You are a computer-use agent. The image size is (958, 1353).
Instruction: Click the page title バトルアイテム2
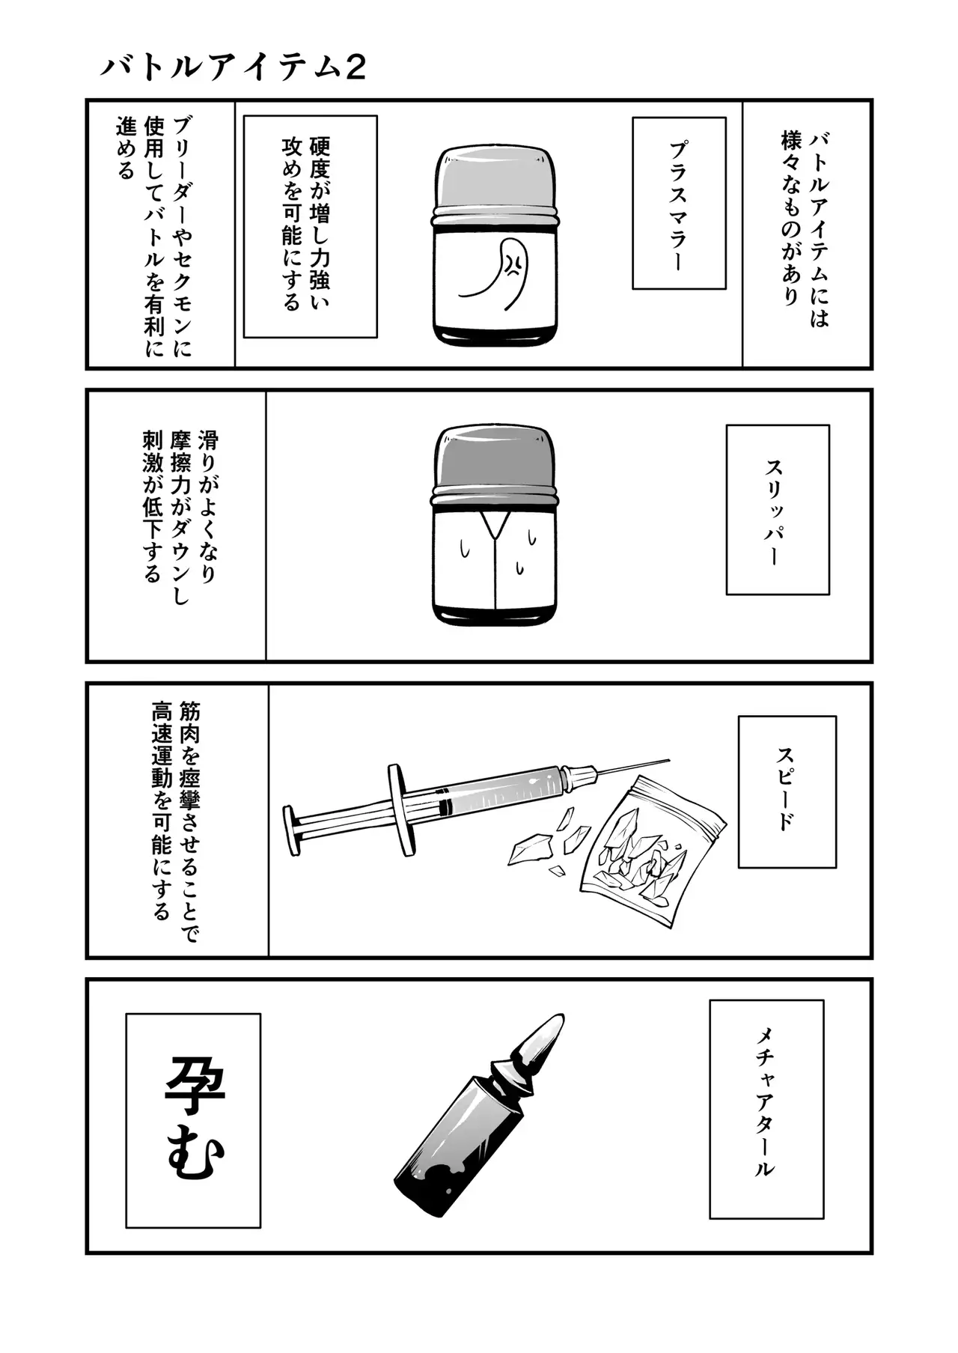pos(233,67)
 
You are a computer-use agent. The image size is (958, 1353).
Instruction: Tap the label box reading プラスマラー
pos(679,203)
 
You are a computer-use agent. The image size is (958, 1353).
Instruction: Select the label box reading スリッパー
pos(778,510)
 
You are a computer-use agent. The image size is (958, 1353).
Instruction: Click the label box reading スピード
pos(787,791)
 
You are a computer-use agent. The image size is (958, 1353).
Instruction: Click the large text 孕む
pos(193,1119)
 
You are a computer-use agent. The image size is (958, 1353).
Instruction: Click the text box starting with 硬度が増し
pos(310,226)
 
